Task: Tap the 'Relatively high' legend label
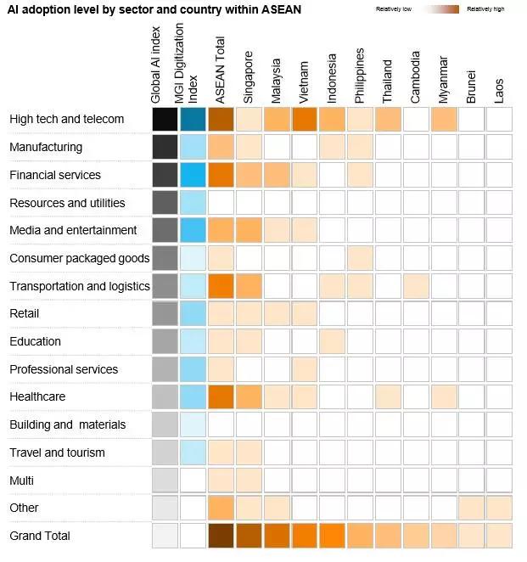click(x=485, y=9)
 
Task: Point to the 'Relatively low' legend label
click(x=394, y=9)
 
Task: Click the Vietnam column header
click(x=305, y=80)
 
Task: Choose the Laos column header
click(x=499, y=90)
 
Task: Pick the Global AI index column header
click(x=156, y=63)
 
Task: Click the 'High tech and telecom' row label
click(x=67, y=119)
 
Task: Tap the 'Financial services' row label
click(x=55, y=175)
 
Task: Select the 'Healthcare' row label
click(x=37, y=396)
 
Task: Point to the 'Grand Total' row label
click(x=40, y=536)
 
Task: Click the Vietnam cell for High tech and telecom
click(x=304, y=119)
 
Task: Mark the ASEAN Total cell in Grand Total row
click(x=221, y=536)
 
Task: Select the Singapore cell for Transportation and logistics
click(x=249, y=286)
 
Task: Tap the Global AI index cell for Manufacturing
click(x=165, y=147)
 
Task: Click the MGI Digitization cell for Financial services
click(x=193, y=175)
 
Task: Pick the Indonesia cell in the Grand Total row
click(x=332, y=536)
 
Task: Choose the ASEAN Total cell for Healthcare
click(x=221, y=396)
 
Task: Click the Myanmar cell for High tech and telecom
click(x=443, y=119)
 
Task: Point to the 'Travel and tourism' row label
click(x=57, y=452)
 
